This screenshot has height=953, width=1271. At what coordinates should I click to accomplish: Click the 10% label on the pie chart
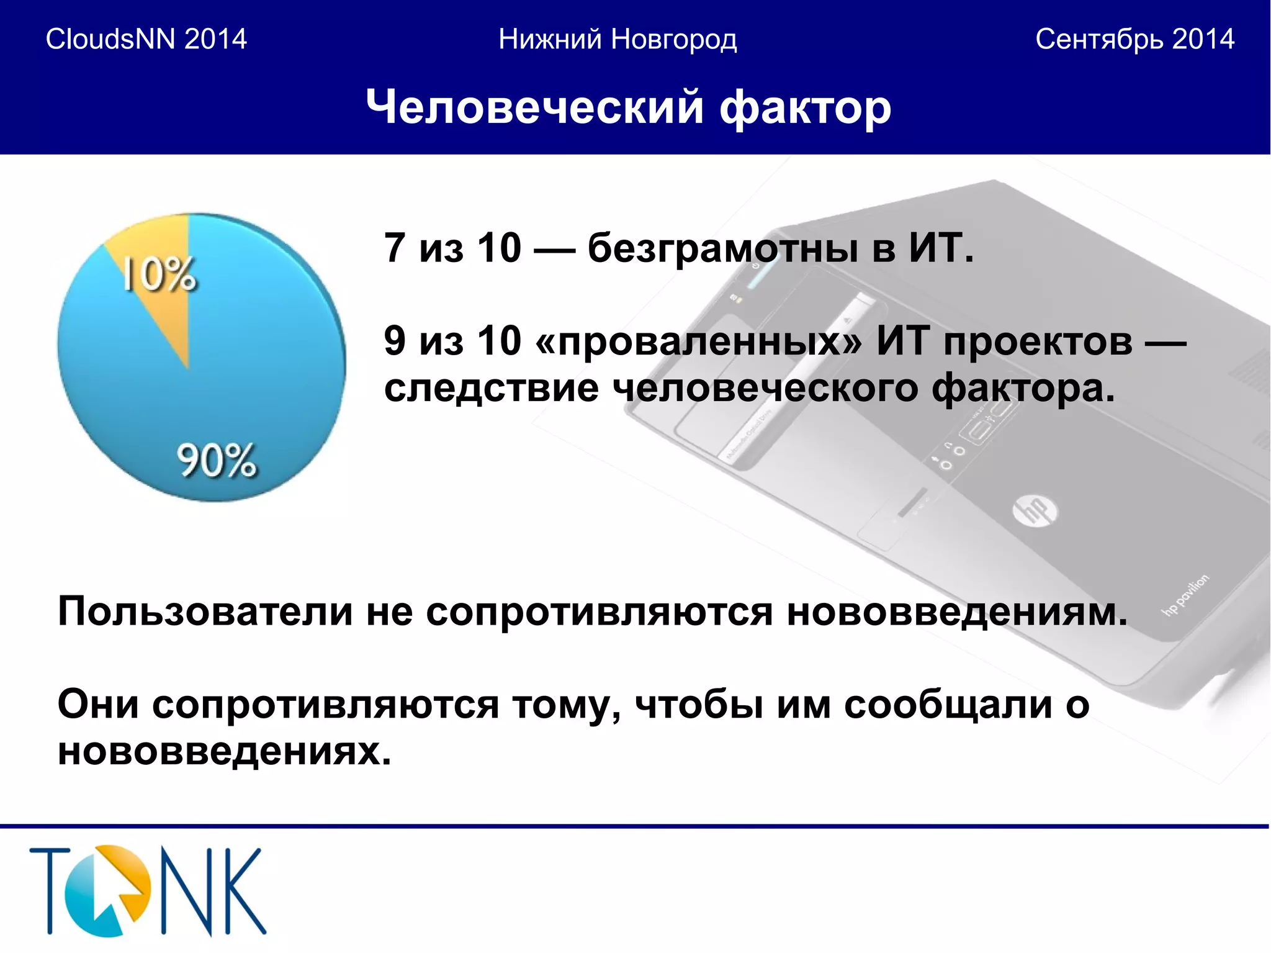159,274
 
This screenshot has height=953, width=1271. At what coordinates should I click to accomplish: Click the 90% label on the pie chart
216,460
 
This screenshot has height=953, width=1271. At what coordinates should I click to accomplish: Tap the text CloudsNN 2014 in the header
146,39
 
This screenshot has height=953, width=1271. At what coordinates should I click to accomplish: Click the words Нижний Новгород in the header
618,39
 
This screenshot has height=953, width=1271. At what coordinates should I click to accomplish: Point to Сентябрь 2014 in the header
1134,39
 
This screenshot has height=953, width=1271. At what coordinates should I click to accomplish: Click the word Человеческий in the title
534,107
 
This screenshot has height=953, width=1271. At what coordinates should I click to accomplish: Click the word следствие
491,389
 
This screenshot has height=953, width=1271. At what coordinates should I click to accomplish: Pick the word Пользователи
205,612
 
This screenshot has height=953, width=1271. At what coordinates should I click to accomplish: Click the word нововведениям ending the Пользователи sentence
956,612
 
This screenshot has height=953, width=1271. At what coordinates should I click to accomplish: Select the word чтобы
699,705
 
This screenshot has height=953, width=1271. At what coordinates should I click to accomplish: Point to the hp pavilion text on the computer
1186,595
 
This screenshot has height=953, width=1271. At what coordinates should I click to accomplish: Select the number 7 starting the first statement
395,248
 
